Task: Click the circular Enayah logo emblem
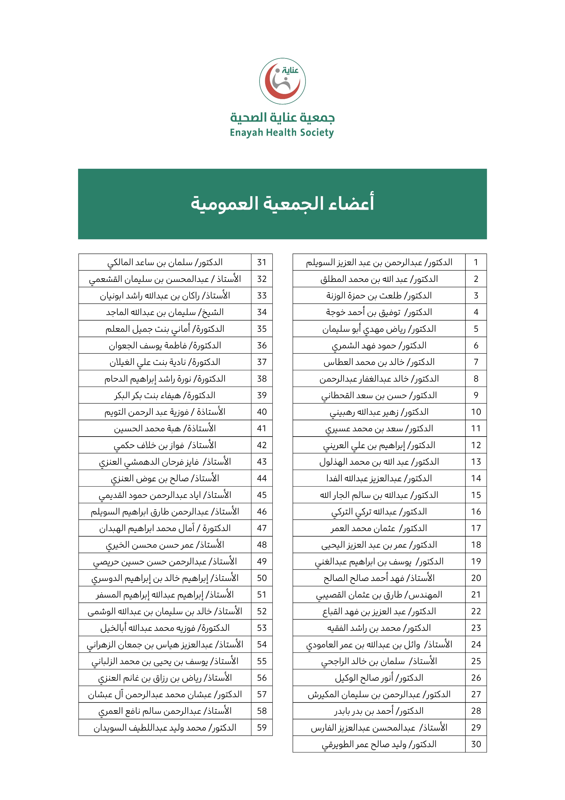click(x=282, y=81)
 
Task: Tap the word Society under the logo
click(x=317, y=133)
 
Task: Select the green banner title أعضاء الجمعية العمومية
click(x=282, y=203)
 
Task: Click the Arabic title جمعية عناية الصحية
click(x=282, y=117)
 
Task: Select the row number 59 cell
click(x=262, y=727)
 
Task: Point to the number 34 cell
click(x=262, y=312)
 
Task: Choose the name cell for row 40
click(x=165, y=412)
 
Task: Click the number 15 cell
click(x=476, y=495)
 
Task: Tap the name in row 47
click(x=165, y=528)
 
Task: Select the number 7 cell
click(x=476, y=362)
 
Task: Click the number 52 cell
click(x=262, y=611)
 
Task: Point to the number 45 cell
click(x=262, y=495)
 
